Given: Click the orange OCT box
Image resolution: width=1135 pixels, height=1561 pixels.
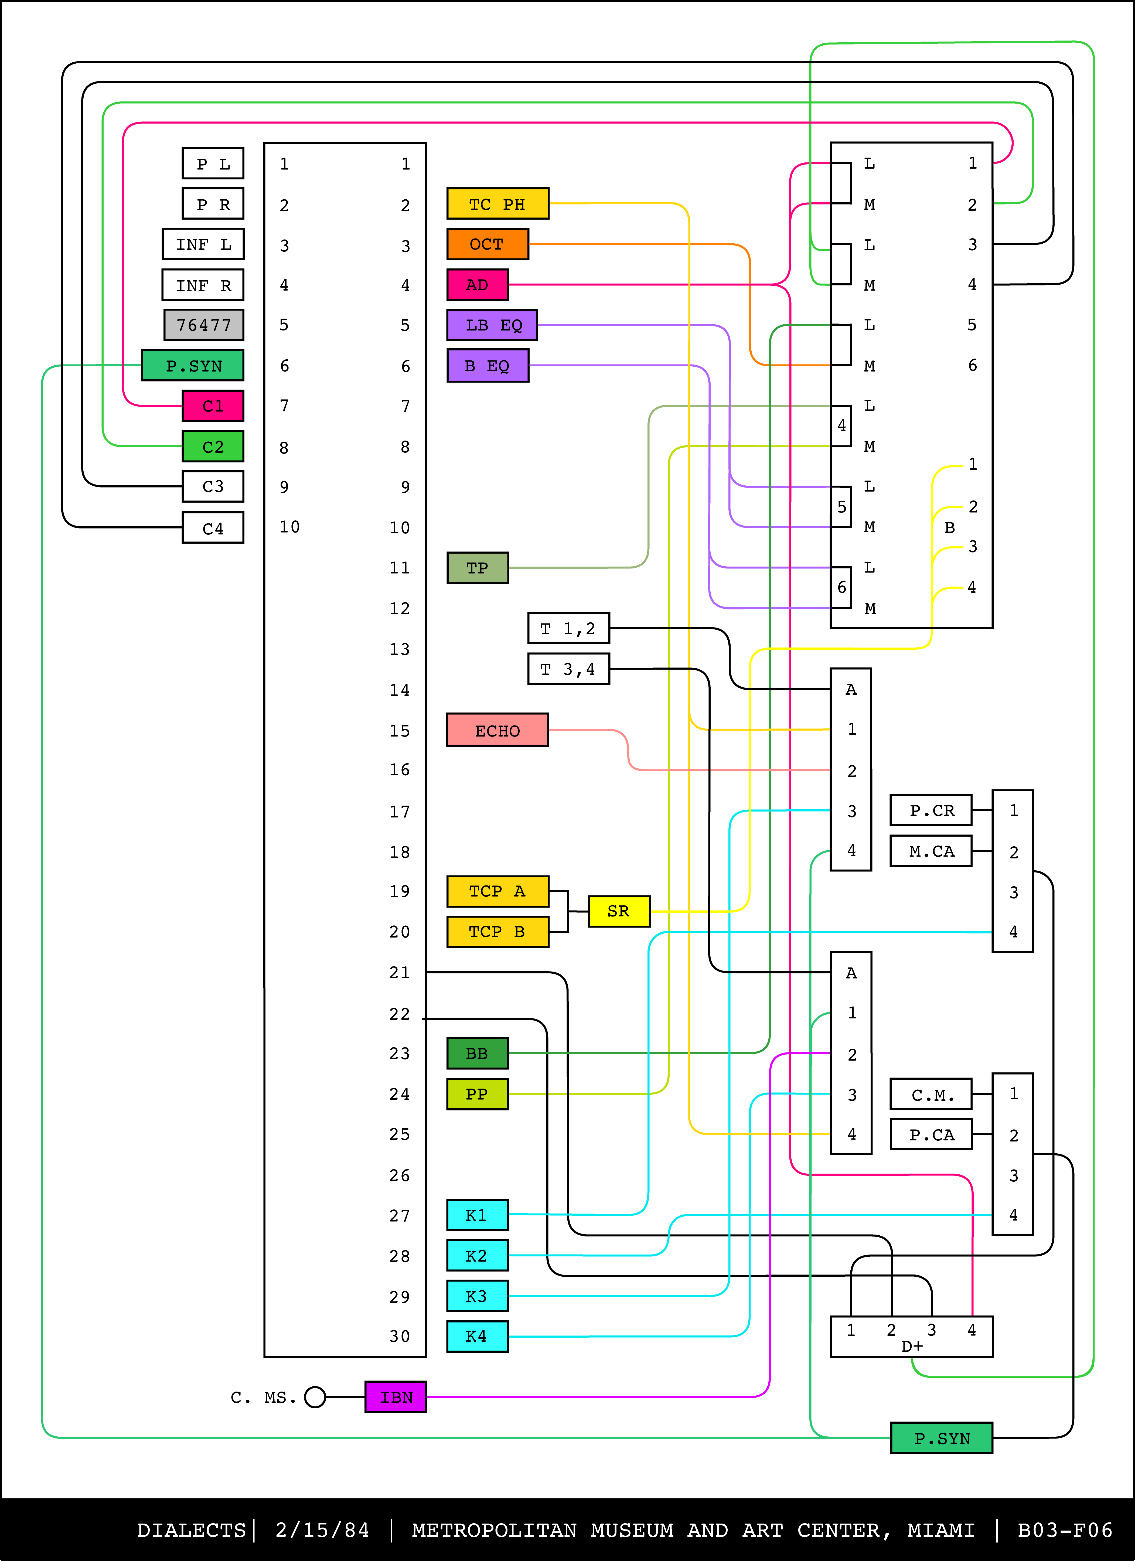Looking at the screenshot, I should tap(487, 244).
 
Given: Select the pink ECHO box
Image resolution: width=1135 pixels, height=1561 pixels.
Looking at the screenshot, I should tap(497, 730).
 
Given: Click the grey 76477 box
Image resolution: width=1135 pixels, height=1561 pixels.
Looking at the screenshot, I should tap(204, 325).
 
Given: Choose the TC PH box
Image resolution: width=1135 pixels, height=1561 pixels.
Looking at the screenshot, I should tap(497, 204).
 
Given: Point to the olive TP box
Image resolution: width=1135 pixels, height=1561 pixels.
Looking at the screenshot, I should tap(477, 568).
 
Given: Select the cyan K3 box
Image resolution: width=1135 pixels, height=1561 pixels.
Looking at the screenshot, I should tap(477, 1296).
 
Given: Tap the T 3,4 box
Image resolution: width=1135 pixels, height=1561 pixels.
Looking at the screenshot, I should tap(568, 669).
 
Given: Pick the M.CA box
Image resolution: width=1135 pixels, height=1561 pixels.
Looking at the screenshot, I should tap(931, 851).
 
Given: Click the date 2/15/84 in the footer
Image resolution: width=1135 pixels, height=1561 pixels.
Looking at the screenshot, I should tap(322, 1530).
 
